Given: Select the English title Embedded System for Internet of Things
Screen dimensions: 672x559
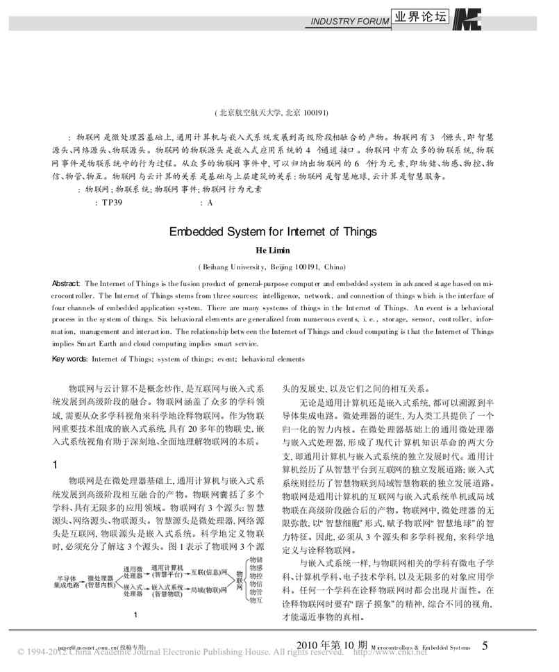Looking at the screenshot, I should click(272, 232).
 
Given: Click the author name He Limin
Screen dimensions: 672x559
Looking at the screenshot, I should click(272, 251).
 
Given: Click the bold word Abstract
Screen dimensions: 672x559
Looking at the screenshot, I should click(67, 284).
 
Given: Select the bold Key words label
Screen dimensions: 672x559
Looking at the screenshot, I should click(70, 358).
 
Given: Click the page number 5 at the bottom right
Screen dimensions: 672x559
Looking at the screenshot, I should click(485, 646).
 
